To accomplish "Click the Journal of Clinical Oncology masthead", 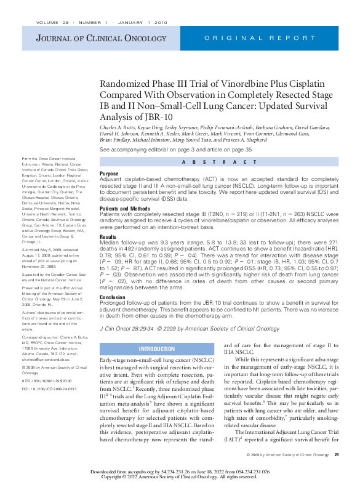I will click(x=89, y=39).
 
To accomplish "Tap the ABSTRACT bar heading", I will click(x=219, y=162).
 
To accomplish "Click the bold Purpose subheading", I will click(x=109, y=174).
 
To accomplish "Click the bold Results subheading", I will click(x=108, y=237).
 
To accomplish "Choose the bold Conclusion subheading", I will click(x=113, y=297).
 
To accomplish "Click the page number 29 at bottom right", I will click(x=337, y=454).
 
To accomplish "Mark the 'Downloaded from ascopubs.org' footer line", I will click(x=179, y=471).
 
